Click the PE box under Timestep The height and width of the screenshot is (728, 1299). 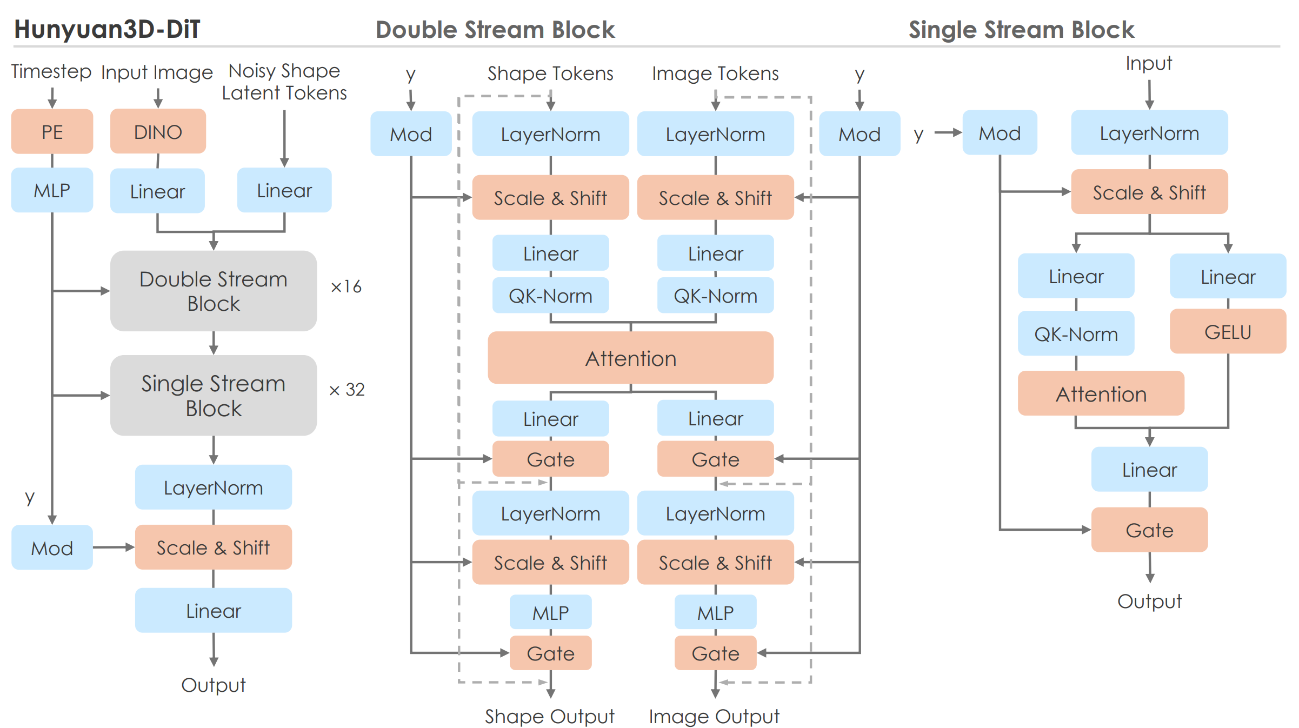[52, 131]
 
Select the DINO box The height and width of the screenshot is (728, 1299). [158, 131]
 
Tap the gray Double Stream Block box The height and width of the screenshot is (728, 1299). [214, 291]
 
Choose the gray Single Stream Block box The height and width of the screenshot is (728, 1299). [214, 396]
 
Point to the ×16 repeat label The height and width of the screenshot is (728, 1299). [346, 286]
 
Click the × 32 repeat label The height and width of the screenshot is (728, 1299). [347, 390]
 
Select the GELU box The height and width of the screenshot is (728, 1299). [1228, 331]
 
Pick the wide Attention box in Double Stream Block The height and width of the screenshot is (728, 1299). [630, 358]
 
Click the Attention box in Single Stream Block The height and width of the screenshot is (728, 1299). [1101, 393]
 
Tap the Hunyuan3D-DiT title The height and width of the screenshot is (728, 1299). [107, 29]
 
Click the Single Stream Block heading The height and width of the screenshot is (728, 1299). [1021, 30]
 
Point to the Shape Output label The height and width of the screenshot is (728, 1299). [550, 716]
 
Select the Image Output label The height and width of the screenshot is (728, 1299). [714, 716]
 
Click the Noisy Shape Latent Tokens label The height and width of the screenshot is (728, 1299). [284, 82]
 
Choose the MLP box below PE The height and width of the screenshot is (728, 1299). [52, 190]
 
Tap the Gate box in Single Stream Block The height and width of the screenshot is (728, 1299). [1149, 530]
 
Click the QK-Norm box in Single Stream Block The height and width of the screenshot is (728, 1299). [1076, 333]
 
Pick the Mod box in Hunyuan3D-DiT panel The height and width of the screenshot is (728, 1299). [52, 547]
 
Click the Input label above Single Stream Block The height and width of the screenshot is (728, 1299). [1149, 63]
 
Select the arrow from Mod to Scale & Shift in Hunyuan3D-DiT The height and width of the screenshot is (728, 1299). [114, 547]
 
